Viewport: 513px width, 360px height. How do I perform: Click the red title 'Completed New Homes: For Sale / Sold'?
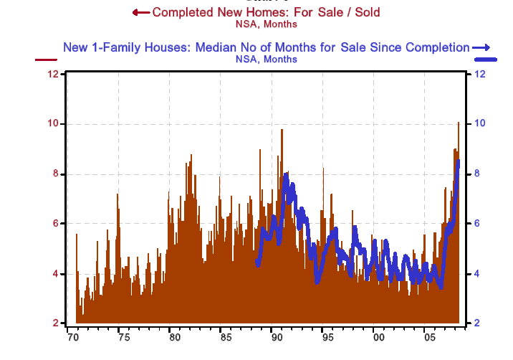266,12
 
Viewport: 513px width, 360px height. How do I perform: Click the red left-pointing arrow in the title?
141,12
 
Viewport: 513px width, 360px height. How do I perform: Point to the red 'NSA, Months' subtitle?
266,24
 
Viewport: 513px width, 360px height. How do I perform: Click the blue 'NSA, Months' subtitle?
267,59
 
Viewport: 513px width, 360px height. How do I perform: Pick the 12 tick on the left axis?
52,75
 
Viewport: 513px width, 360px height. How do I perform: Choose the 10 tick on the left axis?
52,124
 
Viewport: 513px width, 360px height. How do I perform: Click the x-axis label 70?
72,337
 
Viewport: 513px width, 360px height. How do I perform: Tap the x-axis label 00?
378,337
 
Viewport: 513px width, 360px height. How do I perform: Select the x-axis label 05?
428,337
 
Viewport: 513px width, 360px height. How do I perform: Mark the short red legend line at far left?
47,60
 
